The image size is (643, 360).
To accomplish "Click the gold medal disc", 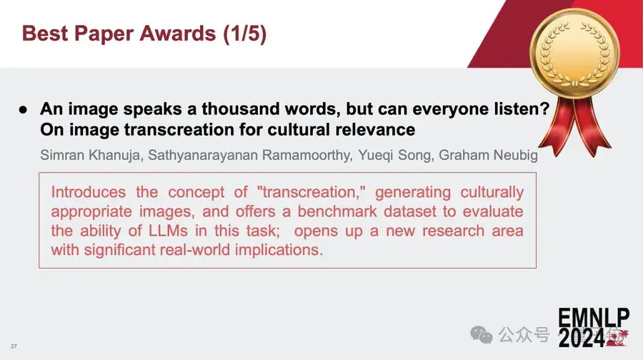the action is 574,54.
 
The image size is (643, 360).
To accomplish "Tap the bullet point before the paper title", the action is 24,109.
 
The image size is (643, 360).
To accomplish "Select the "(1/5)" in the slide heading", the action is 245,34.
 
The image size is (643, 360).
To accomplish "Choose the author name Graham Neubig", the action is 488,155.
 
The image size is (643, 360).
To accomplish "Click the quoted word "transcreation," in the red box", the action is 311,192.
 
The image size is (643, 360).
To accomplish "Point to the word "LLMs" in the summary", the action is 168,231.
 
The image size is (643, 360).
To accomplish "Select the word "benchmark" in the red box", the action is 337,211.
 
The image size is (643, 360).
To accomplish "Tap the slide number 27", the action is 14,346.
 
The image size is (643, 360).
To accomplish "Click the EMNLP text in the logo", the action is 594,318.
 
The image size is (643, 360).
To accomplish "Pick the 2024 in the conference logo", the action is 582,338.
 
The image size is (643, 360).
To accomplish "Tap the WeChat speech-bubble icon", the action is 482,335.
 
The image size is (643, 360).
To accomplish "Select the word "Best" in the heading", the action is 45,33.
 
